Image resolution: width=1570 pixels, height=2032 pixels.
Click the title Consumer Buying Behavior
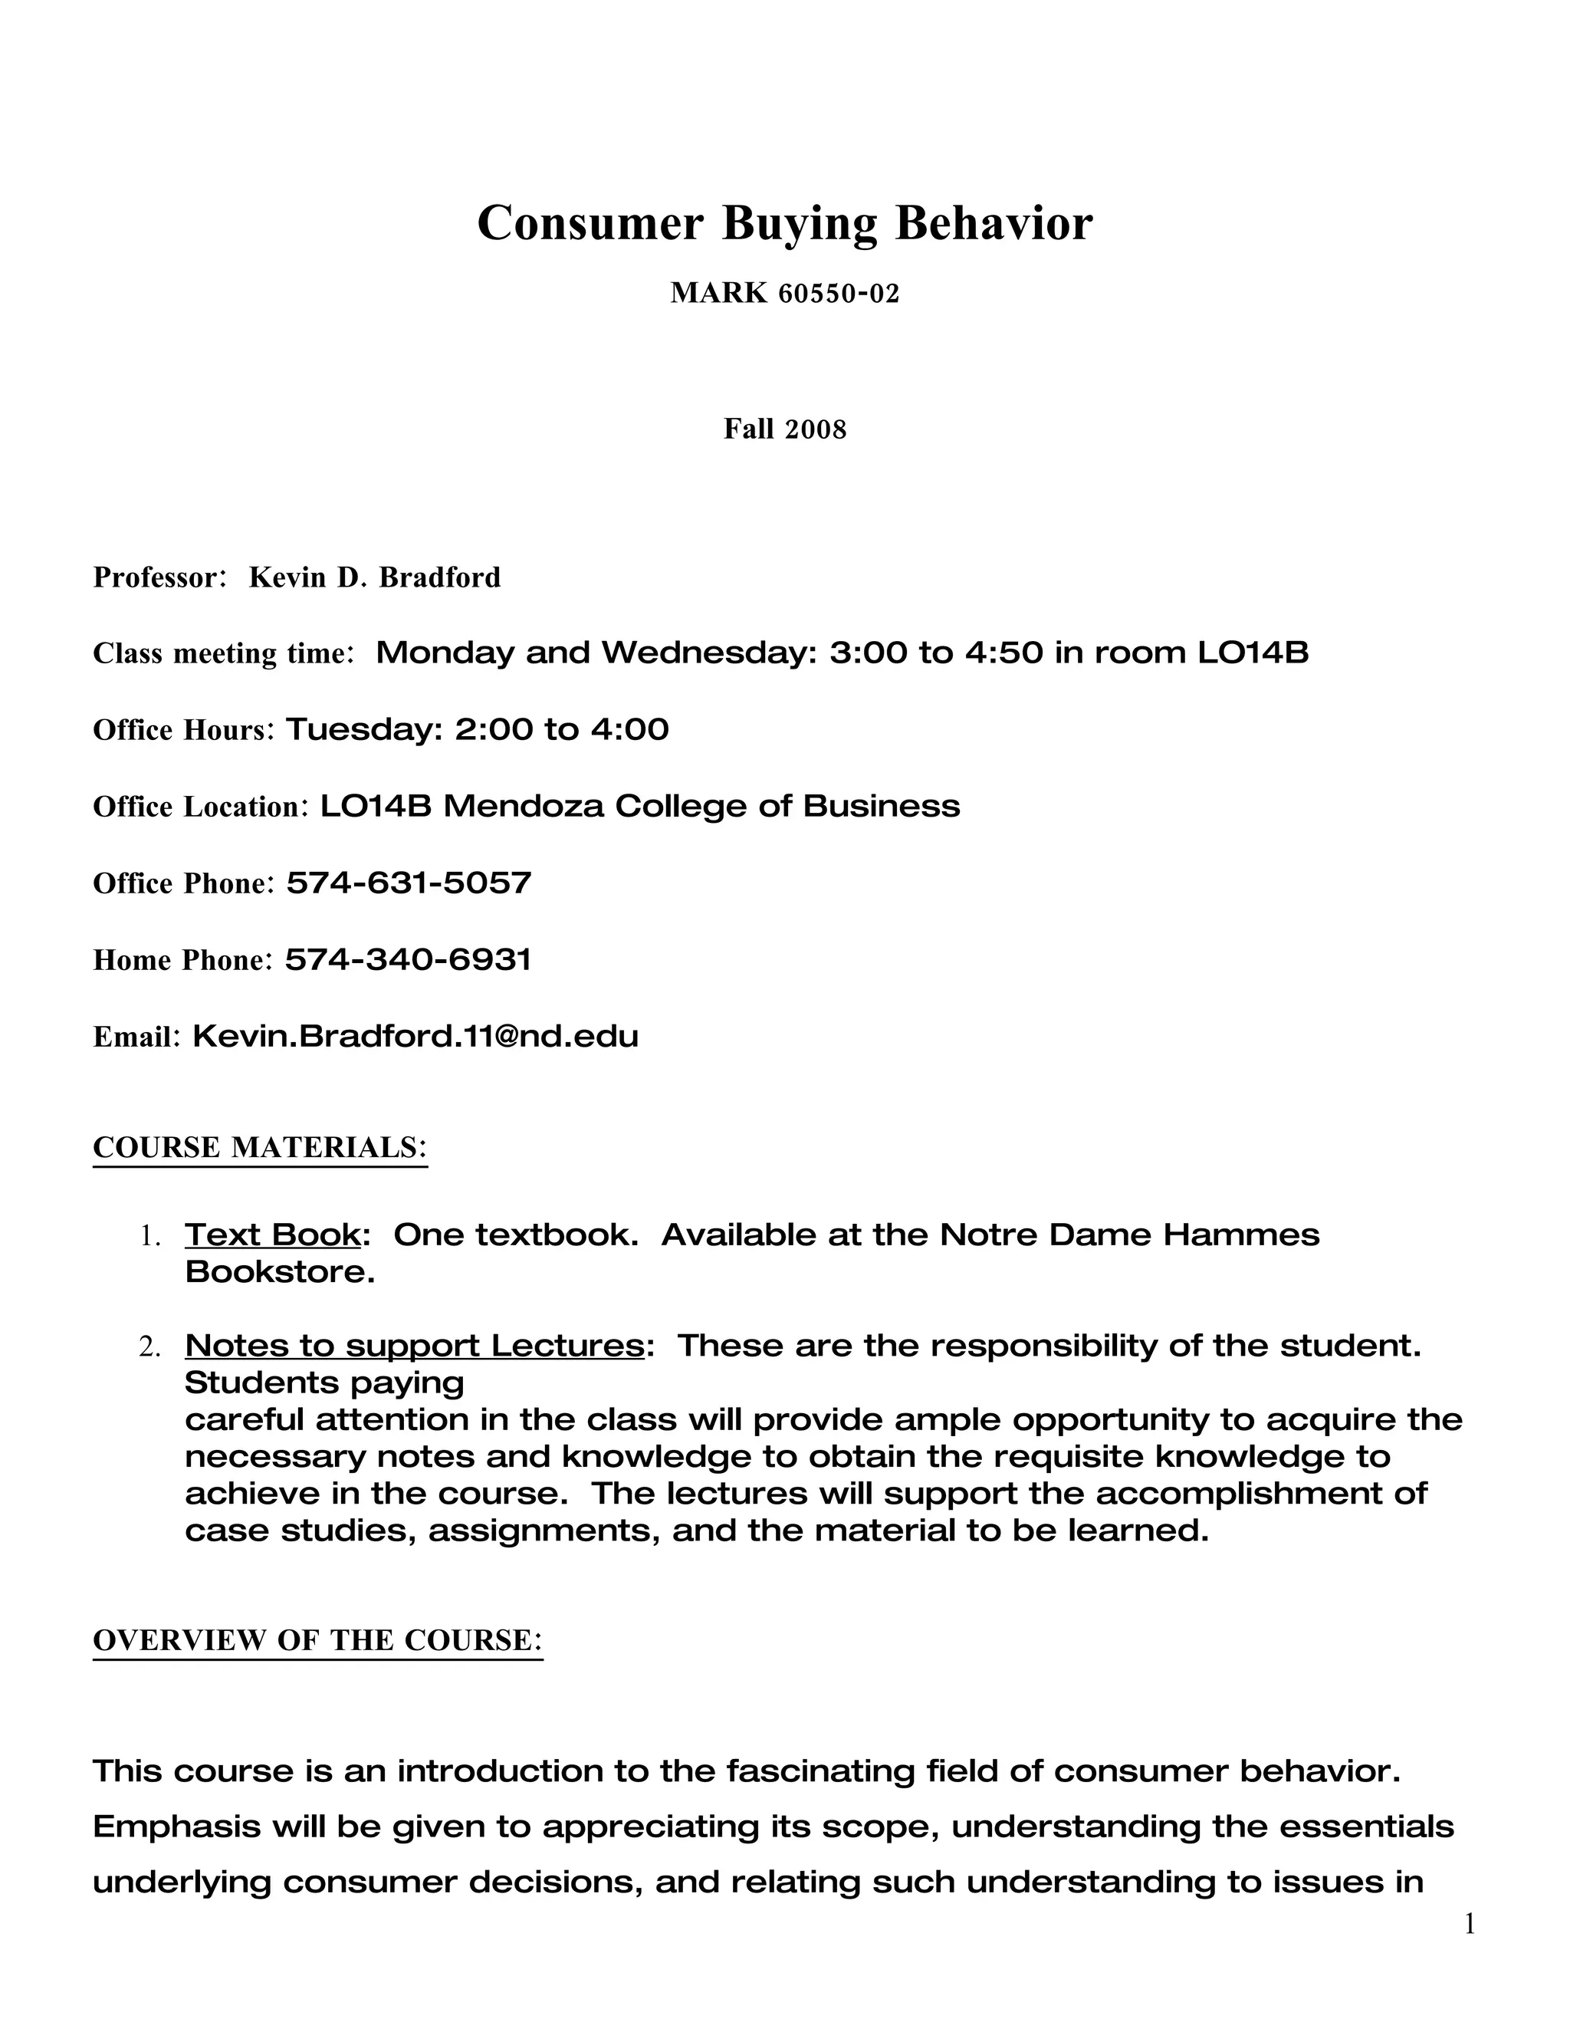[784, 223]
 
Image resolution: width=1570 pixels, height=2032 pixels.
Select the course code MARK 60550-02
[784, 294]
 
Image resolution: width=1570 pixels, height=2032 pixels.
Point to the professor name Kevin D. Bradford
[374, 578]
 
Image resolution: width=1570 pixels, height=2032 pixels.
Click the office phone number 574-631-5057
[409, 882]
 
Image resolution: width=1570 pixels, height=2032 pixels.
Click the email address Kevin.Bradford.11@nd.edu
[415, 1035]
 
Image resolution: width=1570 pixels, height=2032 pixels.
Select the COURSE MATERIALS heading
[260, 1147]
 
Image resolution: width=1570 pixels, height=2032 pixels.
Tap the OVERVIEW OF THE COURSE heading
[317, 1639]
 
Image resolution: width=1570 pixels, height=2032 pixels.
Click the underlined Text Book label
[272, 1235]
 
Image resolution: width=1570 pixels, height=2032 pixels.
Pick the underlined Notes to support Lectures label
[414, 1346]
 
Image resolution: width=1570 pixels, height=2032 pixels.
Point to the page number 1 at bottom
[1470, 1923]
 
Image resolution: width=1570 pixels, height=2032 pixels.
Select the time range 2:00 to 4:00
[562, 729]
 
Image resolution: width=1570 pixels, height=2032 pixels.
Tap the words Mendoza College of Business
[701, 806]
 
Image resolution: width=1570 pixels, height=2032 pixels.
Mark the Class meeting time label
[222, 654]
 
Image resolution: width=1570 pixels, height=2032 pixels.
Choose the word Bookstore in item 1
[279, 1272]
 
